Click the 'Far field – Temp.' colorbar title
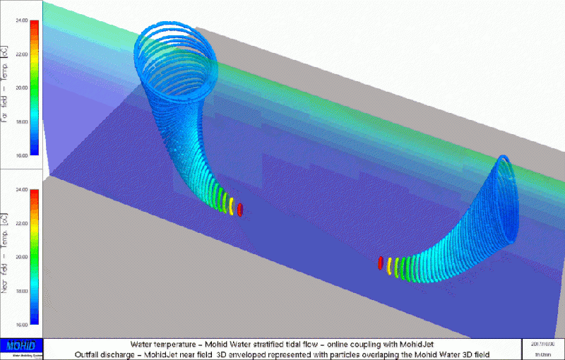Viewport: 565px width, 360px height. pyautogui.click(x=5, y=88)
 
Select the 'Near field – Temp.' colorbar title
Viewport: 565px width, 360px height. pyautogui.click(x=5, y=258)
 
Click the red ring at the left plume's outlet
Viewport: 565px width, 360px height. pyautogui.click(x=241, y=210)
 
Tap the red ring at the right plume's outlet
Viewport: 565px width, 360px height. pyautogui.click(x=381, y=263)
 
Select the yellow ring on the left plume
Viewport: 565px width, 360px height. pyautogui.click(x=231, y=205)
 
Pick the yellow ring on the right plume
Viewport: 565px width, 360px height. pyautogui.click(x=390, y=265)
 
